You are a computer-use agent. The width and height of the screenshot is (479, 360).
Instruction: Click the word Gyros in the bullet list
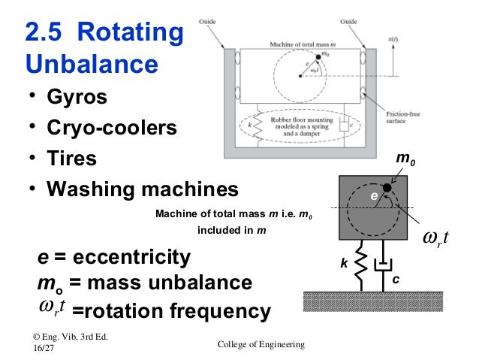77,98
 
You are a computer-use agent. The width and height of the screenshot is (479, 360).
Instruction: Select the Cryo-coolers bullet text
112,129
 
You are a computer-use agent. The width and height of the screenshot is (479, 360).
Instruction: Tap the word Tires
72,159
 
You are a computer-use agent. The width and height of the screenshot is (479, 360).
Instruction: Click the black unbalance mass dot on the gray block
386,187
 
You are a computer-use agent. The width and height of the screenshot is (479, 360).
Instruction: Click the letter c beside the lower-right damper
396,279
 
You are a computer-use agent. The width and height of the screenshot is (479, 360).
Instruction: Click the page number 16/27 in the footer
44,349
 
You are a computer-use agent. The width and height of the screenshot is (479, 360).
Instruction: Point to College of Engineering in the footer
261,343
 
